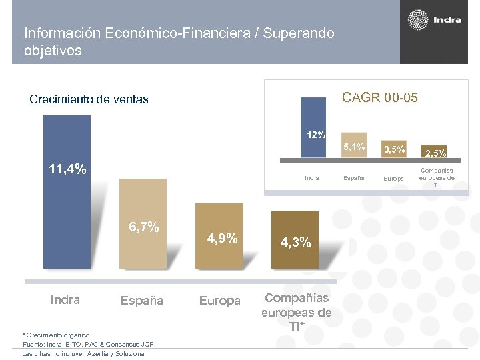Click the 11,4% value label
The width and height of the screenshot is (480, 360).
coord(67,169)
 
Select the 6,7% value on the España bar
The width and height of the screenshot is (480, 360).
coord(143,227)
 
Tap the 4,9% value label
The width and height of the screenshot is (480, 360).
coord(222,238)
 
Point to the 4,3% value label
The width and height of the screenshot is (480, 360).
coord(295,243)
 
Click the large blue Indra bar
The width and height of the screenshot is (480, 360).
coord(66,220)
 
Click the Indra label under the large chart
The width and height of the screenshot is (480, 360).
coord(65,300)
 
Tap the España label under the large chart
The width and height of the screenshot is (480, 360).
coord(141,301)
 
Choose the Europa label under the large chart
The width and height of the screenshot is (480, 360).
coord(219,301)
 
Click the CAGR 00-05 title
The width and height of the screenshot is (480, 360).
coord(379,98)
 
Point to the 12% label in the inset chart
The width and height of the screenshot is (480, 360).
coord(316,135)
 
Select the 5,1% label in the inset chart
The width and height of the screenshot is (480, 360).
coord(353,147)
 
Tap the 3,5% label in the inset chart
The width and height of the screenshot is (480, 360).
coord(393,149)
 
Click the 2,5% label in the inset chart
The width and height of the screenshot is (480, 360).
coord(435,153)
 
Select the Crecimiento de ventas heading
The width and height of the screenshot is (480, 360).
coord(89,99)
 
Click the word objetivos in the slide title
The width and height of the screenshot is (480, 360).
coord(53,51)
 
